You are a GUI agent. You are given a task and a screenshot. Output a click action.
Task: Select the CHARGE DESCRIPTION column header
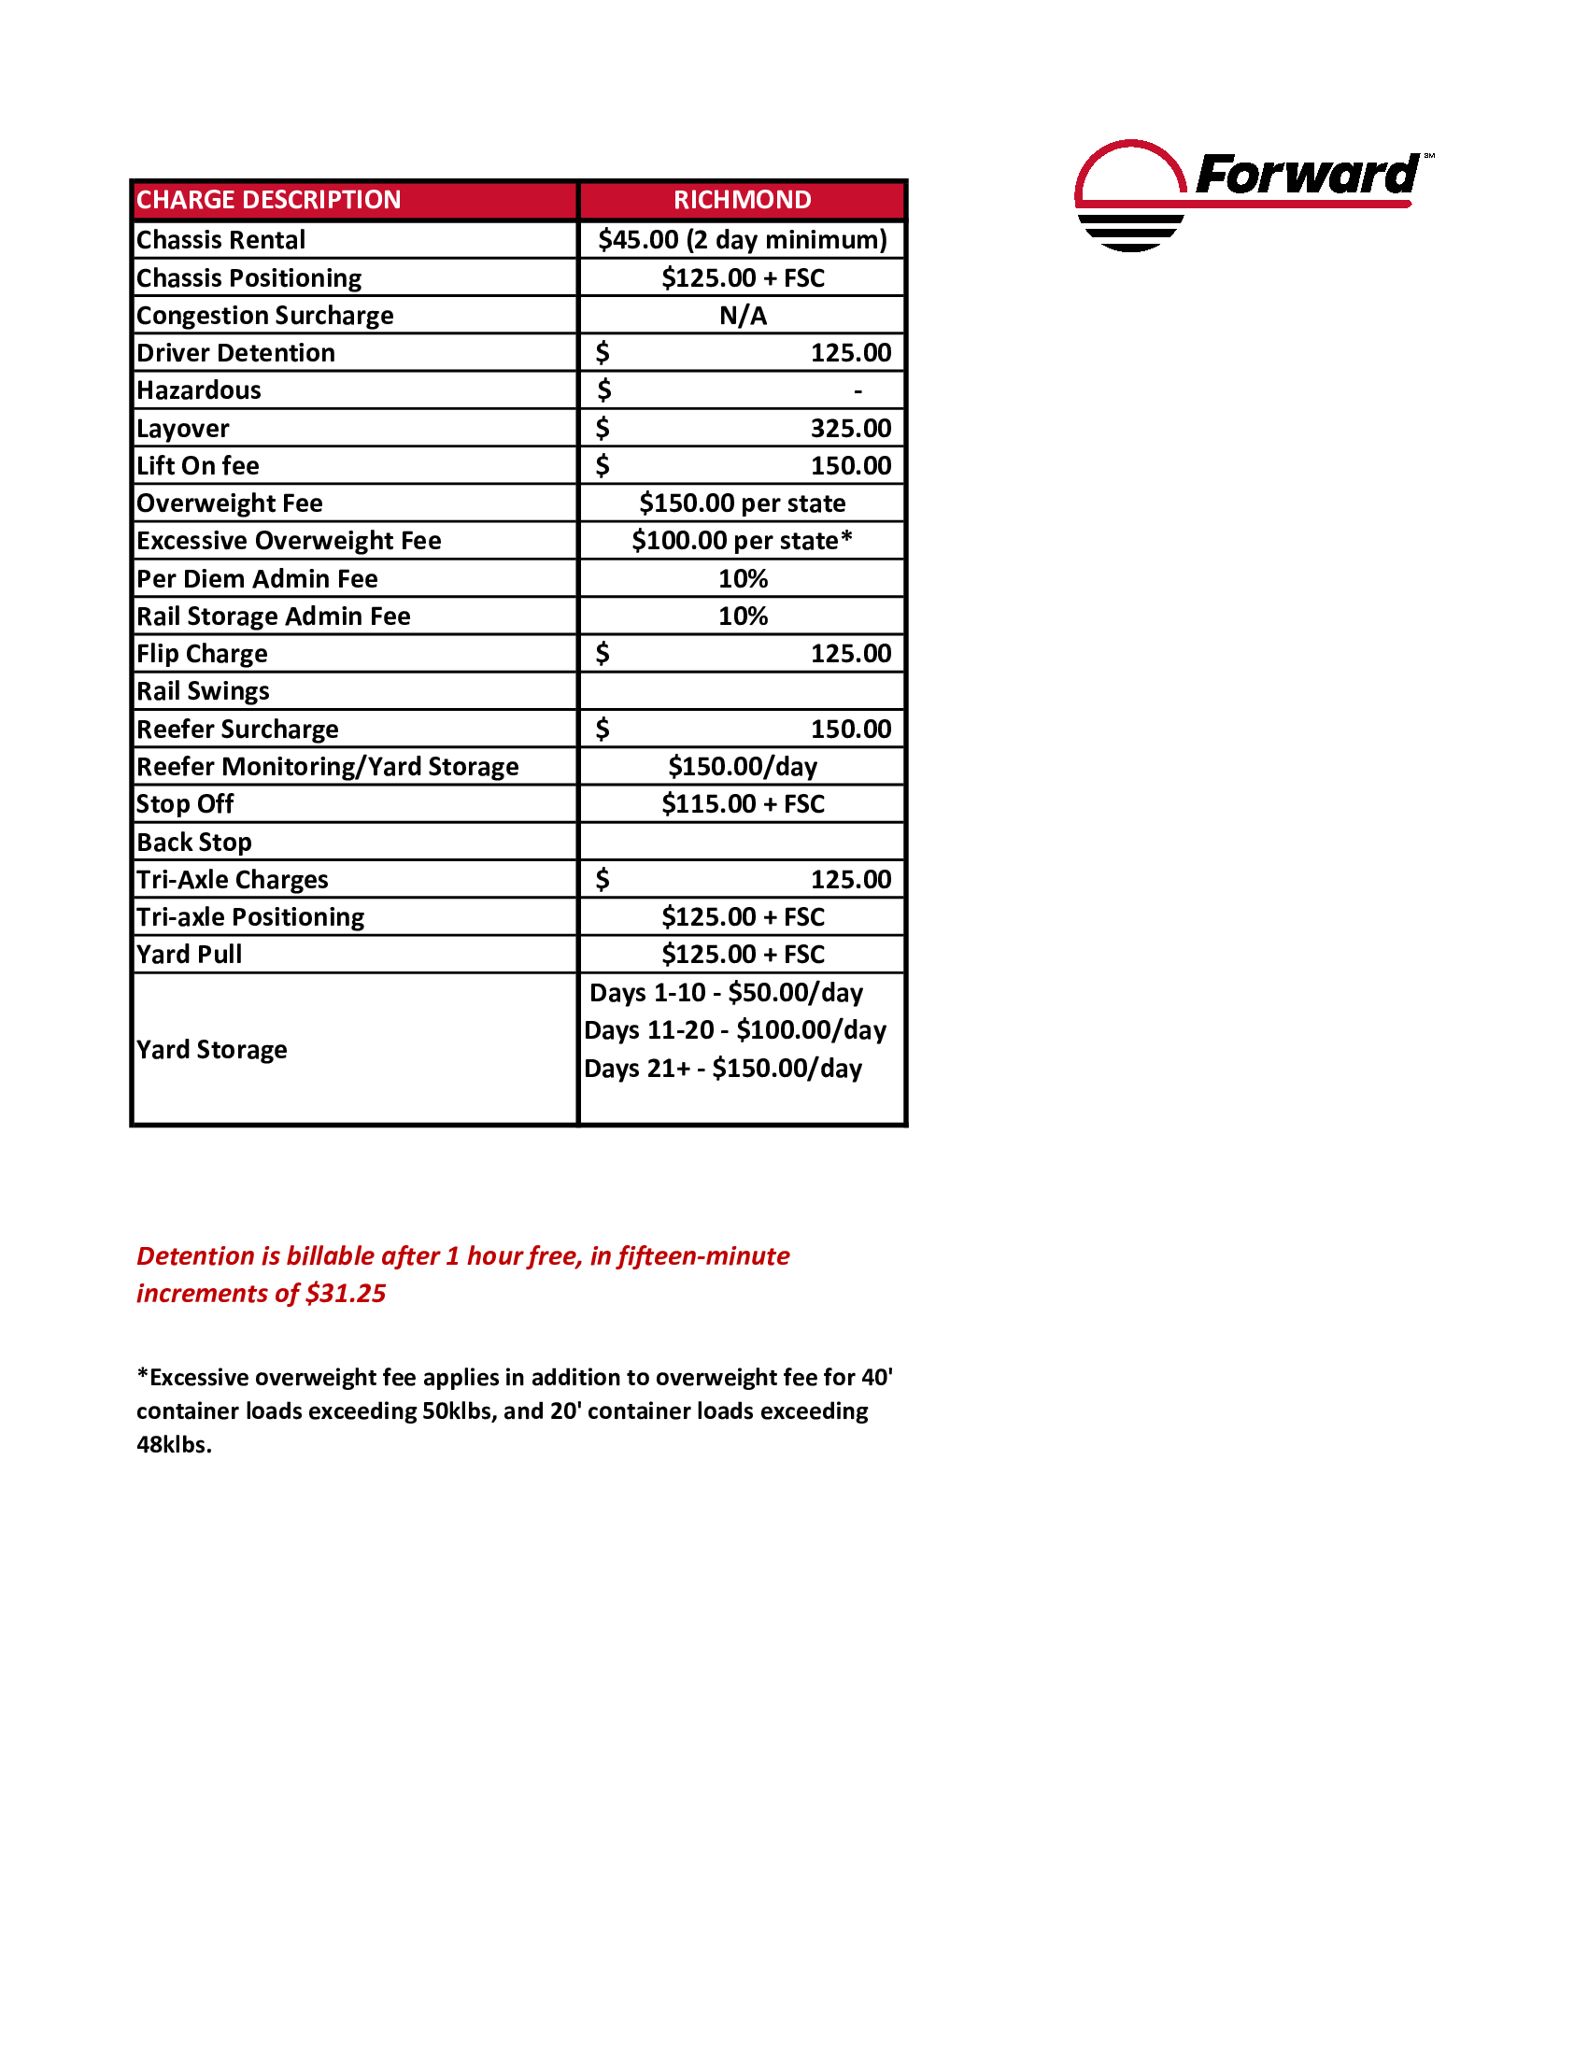click(x=269, y=200)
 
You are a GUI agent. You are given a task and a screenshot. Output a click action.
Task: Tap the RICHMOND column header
click(x=743, y=200)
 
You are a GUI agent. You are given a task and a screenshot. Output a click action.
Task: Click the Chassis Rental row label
click(x=221, y=240)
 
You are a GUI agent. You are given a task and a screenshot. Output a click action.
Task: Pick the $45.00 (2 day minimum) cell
click(x=743, y=240)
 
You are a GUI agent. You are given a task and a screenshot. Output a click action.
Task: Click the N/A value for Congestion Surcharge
click(x=744, y=315)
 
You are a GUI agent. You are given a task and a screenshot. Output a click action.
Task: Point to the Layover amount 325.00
click(x=850, y=428)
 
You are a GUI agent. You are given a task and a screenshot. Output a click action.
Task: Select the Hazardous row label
click(x=198, y=390)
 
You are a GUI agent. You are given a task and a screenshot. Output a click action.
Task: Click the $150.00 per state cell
click(x=743, y=503)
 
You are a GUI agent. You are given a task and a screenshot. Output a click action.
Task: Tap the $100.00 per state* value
click(x=743, y=541)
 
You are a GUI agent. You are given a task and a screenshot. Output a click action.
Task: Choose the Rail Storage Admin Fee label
click(x=274, y=616)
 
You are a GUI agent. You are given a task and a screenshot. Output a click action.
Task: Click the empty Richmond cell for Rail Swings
click(x=743, y=691)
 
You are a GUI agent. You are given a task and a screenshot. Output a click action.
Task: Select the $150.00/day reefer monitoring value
click(x=743, y=767)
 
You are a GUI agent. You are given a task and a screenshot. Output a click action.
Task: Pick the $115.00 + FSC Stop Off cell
click(x=743, y=804)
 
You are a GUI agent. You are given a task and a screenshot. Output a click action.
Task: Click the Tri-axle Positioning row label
click(x=250, y=917)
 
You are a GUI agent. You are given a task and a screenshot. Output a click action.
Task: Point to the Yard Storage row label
click(x=212, y=1049)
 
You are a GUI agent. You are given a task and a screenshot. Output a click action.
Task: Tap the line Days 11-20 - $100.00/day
click(x=735, y=1030)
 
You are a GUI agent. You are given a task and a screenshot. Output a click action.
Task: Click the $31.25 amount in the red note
click(x=346, y=1294)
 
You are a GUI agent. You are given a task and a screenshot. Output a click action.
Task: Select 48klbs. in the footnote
click(x=174, y=1444)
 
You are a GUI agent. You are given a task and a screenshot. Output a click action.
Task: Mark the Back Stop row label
click(x=193, y=843)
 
